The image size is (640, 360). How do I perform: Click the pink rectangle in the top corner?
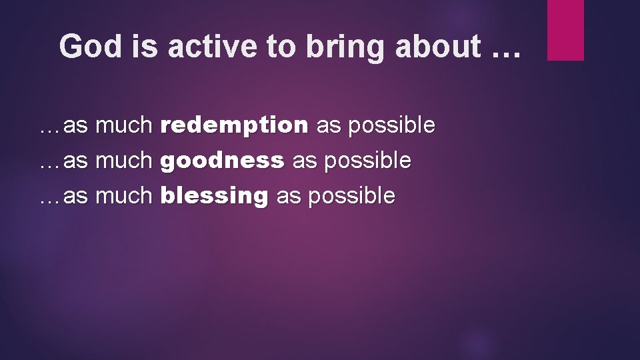[x=565, y=30]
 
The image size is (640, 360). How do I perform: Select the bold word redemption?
[x=235, y=125]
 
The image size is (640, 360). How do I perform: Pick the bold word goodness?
[x=223, y=161]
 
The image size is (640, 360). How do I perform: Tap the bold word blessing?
[x=215, y=196]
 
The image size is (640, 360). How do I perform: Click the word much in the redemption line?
[x=125, y=125]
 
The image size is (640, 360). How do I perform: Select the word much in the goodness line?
[x=125, y=161]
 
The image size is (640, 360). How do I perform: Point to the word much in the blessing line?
[x=125, y=196]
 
